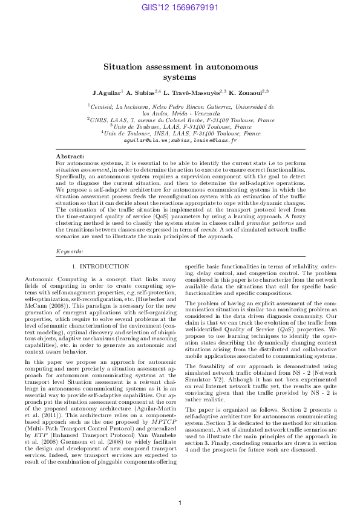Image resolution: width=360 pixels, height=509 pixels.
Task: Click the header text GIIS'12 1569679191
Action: [180, 7]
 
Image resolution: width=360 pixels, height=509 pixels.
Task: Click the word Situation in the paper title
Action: [123, 66]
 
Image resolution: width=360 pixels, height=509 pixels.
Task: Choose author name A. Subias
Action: [142, 92]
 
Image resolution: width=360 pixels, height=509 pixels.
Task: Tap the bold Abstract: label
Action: [69, 156]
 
